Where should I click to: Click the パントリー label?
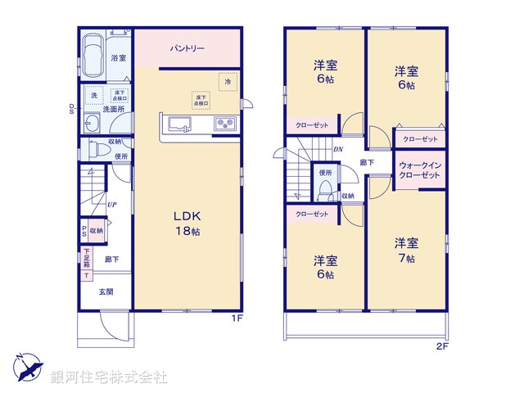(187, 49)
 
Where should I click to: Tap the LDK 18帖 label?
(187, 223)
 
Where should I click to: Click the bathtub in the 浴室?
(92, 55)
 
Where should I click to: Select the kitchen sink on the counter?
(179, 124)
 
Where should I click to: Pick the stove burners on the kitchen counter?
(224, 124)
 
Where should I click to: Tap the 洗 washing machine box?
(93, 95)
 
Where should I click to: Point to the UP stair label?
(111, 206)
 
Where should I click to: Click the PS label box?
(84, 232)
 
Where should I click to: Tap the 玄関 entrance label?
(106, 291)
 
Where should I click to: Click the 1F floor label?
(233, 318)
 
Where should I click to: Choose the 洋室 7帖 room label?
(406, 250)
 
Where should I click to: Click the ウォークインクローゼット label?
(421, 170)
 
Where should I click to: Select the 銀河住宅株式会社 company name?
(109, 377)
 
